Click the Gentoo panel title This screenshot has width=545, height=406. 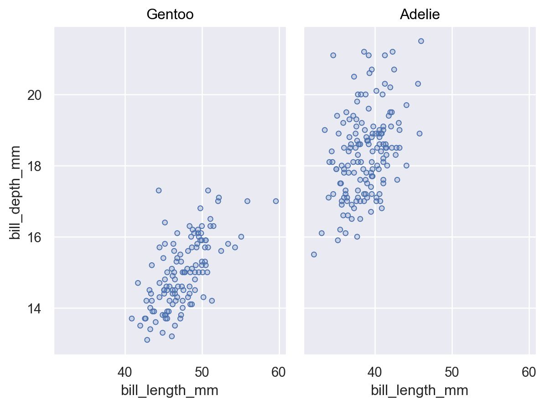point(170,15)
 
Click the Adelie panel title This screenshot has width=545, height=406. point(420,15)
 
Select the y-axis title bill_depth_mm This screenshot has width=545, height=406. point(16,193)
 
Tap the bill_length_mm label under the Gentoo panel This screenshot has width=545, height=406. point(169,390)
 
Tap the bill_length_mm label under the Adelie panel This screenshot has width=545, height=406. point(419,390)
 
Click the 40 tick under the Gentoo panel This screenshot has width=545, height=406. point(125,372)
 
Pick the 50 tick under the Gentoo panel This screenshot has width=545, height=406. point(202,372)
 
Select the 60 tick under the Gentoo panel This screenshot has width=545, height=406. point(279,372)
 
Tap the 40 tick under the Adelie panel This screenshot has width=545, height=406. point(375,372)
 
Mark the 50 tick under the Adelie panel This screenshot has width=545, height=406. point(452,372)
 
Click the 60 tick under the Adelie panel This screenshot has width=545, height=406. point(529,372)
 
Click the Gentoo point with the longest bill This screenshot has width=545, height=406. point(275,201)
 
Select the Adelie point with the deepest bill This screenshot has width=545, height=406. point(421,41)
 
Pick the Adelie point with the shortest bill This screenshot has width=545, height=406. point(314,255)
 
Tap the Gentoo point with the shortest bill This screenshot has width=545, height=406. point(132,318)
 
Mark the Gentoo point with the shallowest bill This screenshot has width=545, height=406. point(147,340)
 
